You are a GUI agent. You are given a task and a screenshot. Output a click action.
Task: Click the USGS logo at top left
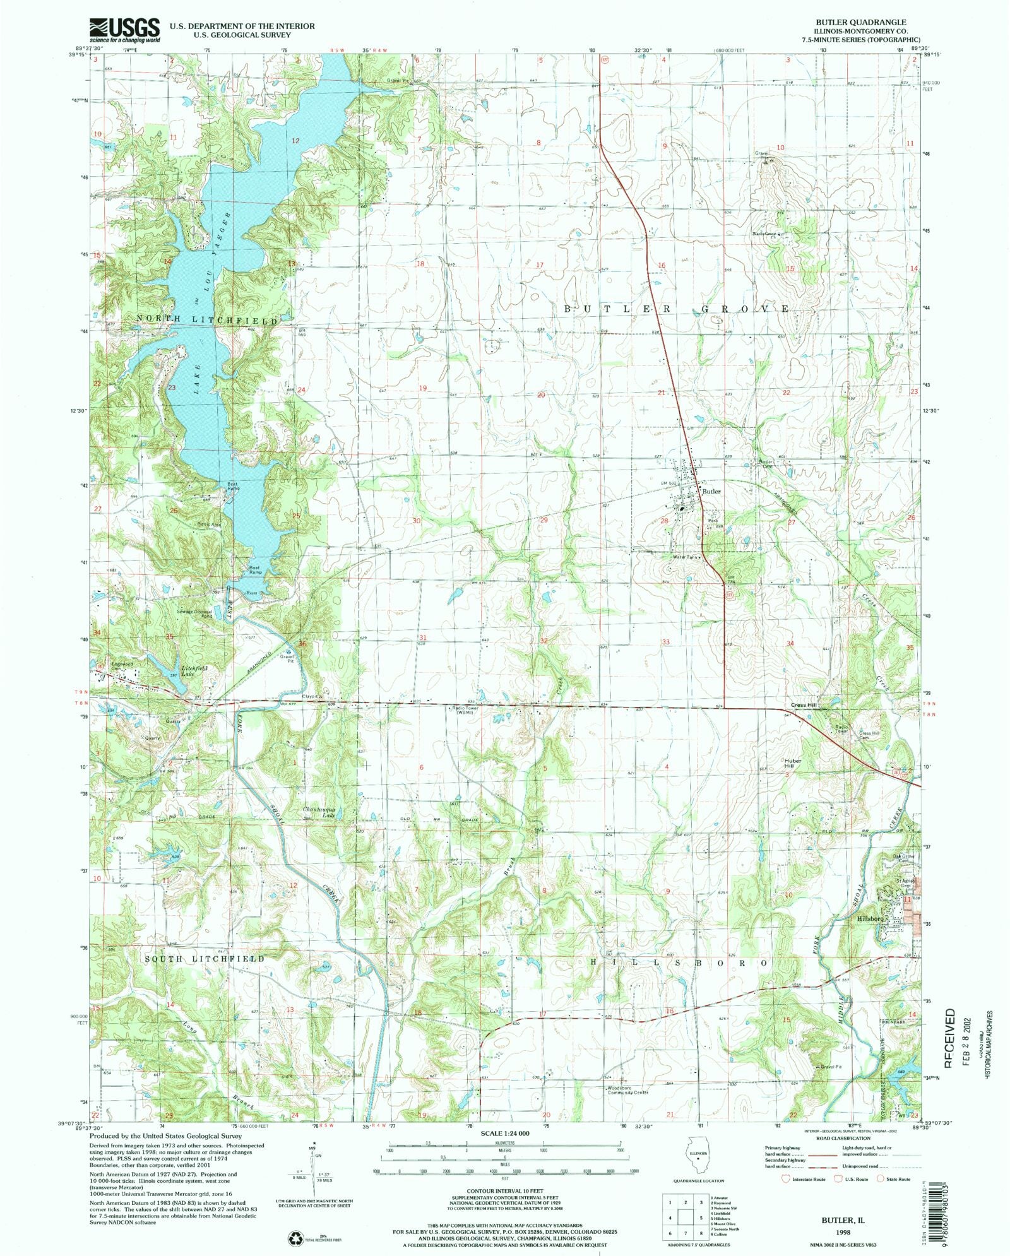click(x=124, y=30)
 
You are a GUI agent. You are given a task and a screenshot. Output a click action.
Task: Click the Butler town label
click(x=711, y=492)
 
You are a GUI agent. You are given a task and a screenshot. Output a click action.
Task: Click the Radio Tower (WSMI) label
click(x=465, y=711)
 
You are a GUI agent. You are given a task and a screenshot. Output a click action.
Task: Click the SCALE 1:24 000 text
click(x=504, y=1134)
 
